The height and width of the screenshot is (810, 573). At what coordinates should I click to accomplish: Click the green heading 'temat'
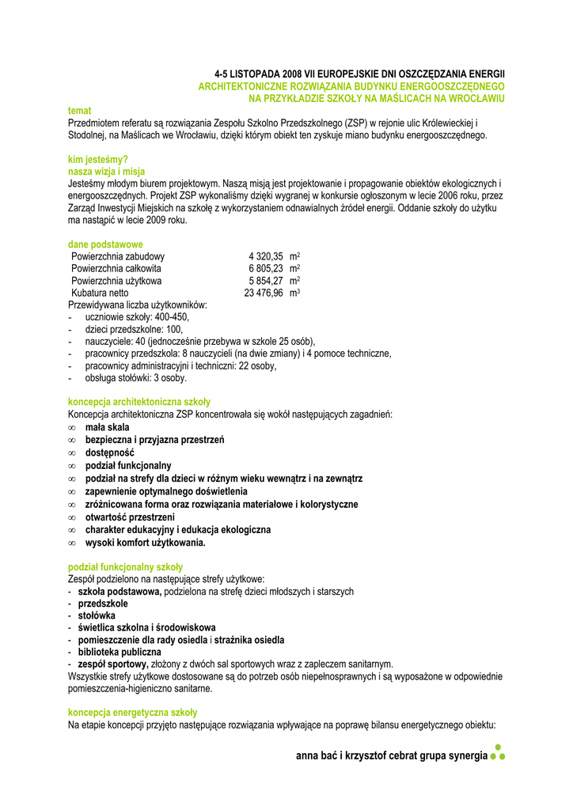(x=79, y=112)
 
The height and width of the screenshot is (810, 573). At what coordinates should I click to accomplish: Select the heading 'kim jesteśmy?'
(x=98, y=160)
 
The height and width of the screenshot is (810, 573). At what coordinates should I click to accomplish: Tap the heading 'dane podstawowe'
(x=105, y=244)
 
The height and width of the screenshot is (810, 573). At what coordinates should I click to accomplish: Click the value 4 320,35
(x=266, y=256)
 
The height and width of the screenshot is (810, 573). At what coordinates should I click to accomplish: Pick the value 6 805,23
(x=266, y=269)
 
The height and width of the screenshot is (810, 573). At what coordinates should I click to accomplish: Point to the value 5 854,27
(x=266, y=281)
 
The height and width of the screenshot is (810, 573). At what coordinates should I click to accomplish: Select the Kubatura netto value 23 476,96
(x=264, y=293)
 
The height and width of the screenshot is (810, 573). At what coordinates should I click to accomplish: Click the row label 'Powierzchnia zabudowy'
(x=118, y=256)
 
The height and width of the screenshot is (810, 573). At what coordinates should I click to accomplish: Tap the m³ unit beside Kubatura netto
(x=294, y=293)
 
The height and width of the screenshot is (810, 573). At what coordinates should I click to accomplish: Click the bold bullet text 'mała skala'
(x=107, y=427)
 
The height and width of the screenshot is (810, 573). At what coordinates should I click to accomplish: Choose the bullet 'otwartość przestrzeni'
(x=131, y=517)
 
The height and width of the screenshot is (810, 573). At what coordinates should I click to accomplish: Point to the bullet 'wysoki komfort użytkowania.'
(x=145, y=543)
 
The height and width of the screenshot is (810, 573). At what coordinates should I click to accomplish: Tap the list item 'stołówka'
(x=97, y=615)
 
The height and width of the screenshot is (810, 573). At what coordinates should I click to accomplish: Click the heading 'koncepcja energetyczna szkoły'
(x=132, y=713)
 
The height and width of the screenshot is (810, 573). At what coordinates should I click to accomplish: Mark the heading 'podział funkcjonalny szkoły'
(x=125, y=567)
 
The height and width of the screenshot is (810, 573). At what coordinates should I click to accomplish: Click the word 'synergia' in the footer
(x=467, y=756)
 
